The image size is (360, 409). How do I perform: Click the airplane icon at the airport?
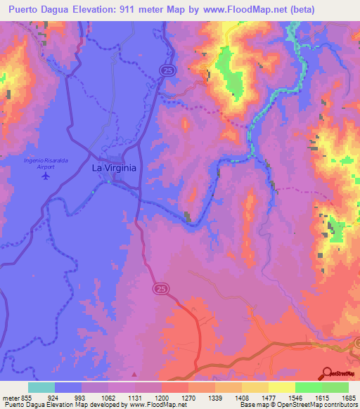[x=46, y=175]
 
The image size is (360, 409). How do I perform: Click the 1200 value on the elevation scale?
[x=162, y=396]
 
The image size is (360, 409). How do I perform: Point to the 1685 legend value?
[x=349, y=396]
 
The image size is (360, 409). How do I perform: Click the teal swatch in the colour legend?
[x=41, y=387]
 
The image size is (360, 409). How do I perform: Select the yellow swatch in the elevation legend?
[x=281, y=387]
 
